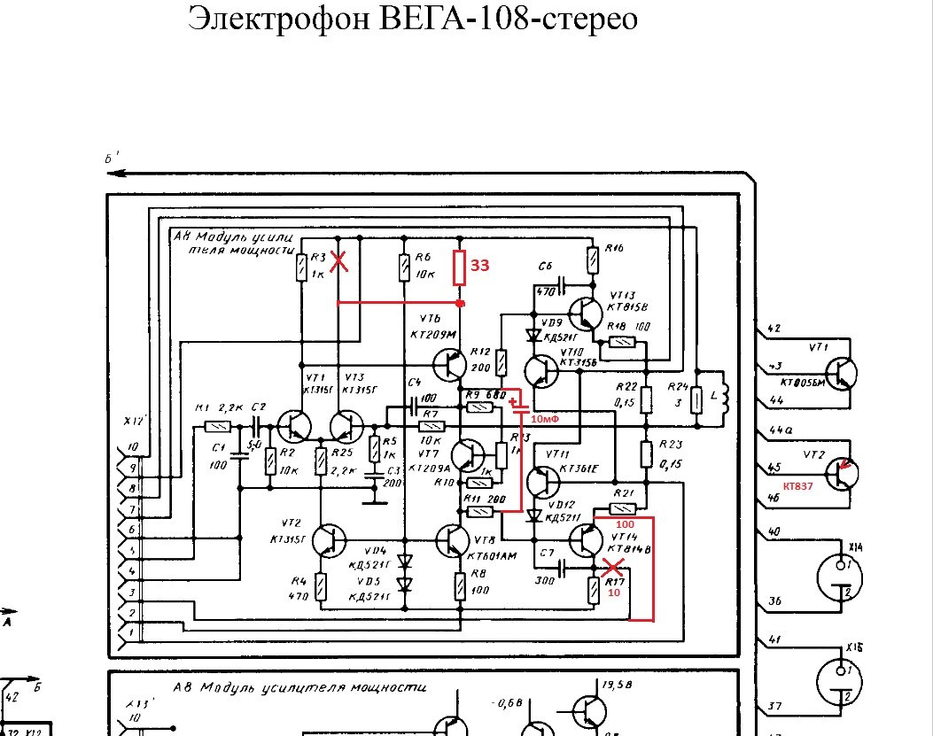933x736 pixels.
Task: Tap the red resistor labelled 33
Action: point(460,267)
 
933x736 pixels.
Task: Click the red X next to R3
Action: point(338,261)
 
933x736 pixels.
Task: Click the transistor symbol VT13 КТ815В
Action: point(584,315)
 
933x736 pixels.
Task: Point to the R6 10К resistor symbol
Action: point(405,267)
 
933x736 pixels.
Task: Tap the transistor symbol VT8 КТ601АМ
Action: point(454,541)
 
